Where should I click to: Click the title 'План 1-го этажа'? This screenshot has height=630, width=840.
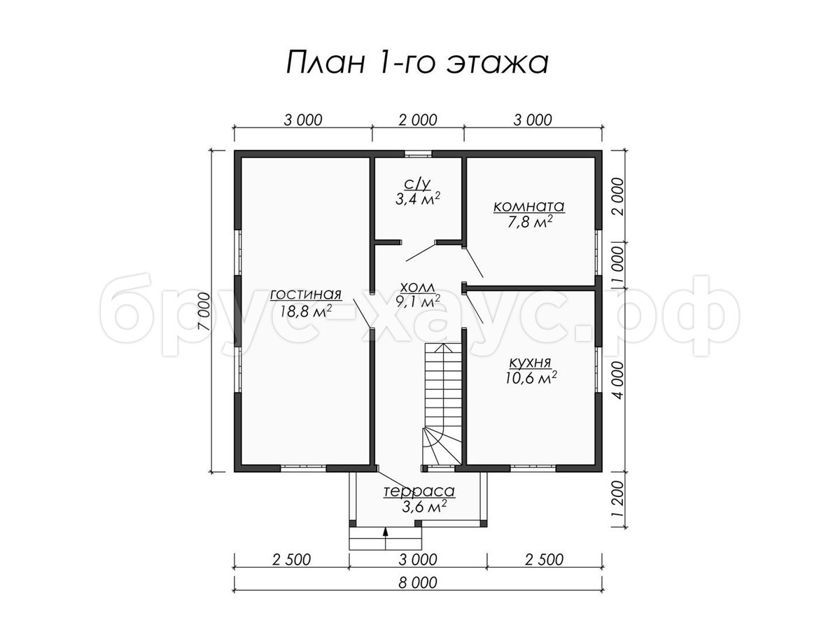tap(417, 63)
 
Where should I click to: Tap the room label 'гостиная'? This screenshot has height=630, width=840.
tap(305, 295)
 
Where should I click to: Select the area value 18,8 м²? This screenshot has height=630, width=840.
tap(305, 311)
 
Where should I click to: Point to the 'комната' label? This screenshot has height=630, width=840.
tap(529, 206)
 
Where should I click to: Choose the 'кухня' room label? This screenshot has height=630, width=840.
tap(530, 363)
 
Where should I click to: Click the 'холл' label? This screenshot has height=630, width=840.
tap(417, 287)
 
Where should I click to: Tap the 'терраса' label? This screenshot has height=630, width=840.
tap(419, 491)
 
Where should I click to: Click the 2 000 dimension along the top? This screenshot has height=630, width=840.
tap(417, 120)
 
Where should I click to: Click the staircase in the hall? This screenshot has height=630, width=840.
tap(443, 404)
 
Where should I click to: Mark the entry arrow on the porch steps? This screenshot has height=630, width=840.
tap(386, 538)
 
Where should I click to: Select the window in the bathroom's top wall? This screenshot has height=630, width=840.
tap(419, 154)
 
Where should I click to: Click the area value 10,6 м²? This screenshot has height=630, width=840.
tap(531, 379)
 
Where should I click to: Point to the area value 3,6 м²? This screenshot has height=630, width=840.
tap(424, 507)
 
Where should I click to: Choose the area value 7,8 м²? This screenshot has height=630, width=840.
tap(530, 222)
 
